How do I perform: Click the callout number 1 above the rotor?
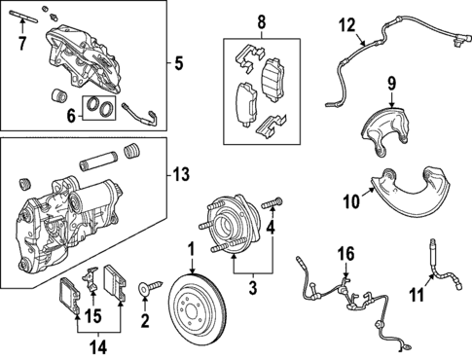(x=192, y=248)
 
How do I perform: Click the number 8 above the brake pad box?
(x=260, y=21)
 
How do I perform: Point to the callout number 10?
(x=351, y=201)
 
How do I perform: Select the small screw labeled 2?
(x=148, y=287)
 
